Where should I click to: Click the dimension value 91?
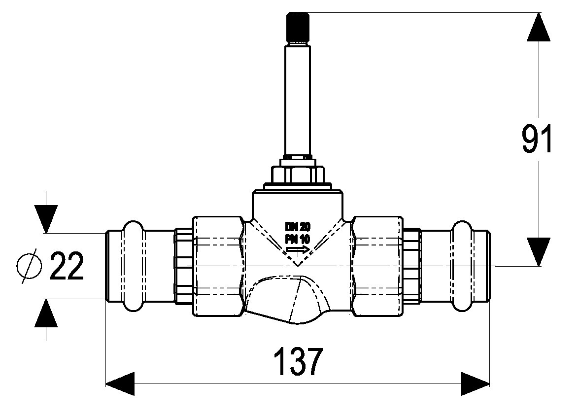tap(537, 139)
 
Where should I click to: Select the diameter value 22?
tap(67, 265)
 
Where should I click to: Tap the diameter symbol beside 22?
tap(29, 265)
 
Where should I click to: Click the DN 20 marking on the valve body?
tap(298, 226)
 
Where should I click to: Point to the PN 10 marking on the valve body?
tap(298, 239)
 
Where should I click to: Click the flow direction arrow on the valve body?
tap(298, 250)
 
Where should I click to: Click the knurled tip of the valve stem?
tap(297, 27)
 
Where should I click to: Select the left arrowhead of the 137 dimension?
tap(120, 384)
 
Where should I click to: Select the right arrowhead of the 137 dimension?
tap(476, 384)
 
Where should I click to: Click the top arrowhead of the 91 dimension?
tap(539, 27)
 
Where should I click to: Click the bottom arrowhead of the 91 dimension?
tap(539, 251)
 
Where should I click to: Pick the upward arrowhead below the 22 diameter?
tap(46, 313)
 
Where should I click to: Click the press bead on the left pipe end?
tap(133, 266)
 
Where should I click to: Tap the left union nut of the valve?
tap(218, 266)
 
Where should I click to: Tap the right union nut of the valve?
tap(376, 266)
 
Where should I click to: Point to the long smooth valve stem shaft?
tap(297, 100)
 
